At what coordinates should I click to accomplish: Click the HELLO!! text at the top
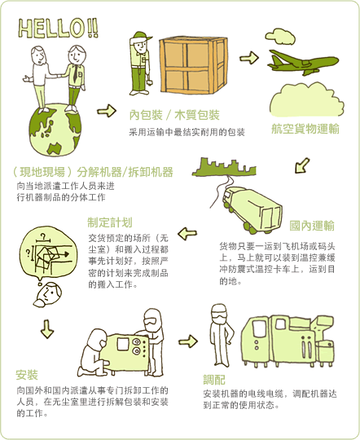coord(58,29)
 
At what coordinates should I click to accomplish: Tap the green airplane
coord(302,62)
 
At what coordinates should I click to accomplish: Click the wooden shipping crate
coord(193,65)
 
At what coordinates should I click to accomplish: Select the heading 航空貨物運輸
coord(305,129)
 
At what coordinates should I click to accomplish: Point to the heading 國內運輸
coord(312,226)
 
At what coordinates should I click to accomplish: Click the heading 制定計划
coord(110,222)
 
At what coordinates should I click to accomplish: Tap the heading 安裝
coord(27,375)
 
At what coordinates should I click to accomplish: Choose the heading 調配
coord(214,380)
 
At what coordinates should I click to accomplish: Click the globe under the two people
coord(55,130)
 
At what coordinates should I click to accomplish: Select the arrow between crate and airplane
coord(249,58)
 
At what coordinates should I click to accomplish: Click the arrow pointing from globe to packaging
coord(107,111)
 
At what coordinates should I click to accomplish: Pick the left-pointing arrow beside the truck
coord(187,234)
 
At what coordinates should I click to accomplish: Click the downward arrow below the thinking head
coord(47,329)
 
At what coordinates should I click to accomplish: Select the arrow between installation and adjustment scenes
coord(188,341)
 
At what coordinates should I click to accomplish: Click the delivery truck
coord(252,210)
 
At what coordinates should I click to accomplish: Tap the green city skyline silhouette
coord(225,167)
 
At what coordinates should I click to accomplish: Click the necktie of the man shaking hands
coord(75,73)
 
